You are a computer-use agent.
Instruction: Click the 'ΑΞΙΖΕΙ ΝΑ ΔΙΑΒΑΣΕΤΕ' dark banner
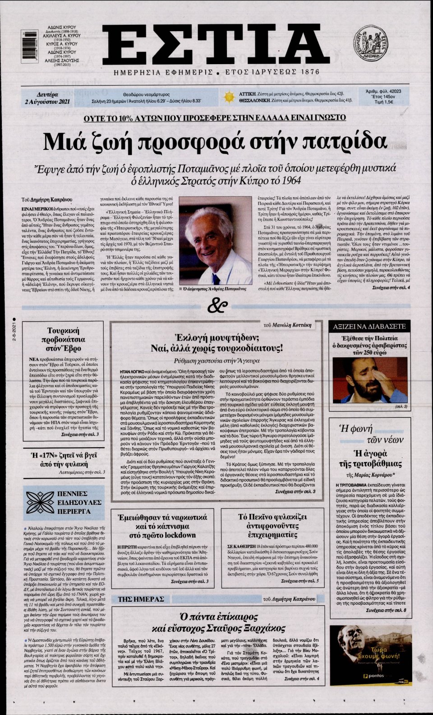tap(370, 326)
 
